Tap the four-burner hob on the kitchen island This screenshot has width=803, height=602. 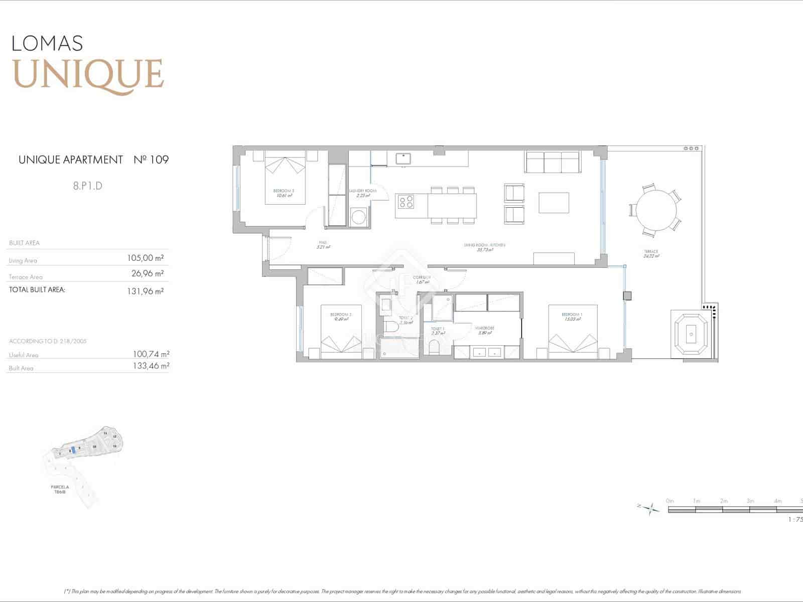(x=406, y=202)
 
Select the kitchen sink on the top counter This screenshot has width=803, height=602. (x=403, y=159)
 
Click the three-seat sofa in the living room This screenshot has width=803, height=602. (x=552, y=162)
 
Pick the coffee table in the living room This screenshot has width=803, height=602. (x=554, y=202)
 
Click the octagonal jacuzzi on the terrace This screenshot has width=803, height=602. (x=691, y=333)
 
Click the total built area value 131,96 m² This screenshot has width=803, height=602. (x=146, y=291)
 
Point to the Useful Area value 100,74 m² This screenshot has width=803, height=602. (x=151, y=354)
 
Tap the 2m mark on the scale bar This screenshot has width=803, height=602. (x=723, y=501)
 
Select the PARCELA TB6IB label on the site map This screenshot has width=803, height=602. (x=60, y=489)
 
